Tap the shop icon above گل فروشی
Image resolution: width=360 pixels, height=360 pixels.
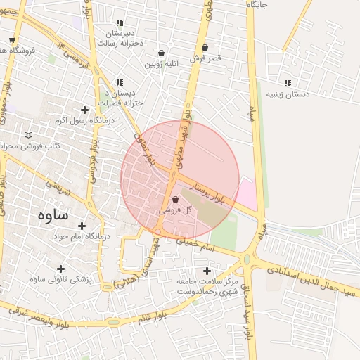[175, 200]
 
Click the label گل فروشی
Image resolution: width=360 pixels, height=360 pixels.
[171, 210]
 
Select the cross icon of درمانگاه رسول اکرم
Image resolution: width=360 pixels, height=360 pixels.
[85, 110]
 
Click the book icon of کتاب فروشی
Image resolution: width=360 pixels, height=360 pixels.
[28, 135]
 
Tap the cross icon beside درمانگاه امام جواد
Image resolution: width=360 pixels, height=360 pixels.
[82, 226]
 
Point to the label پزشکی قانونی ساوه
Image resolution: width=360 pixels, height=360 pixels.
[60, 279]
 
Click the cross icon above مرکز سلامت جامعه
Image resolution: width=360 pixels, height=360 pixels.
[206, 271]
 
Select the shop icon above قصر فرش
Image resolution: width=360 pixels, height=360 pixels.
[205, 48]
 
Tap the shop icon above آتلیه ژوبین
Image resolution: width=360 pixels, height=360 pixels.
[162, 53]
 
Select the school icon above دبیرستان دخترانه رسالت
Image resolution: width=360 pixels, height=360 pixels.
[119, 22]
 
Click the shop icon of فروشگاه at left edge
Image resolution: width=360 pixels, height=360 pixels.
[13, 40]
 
